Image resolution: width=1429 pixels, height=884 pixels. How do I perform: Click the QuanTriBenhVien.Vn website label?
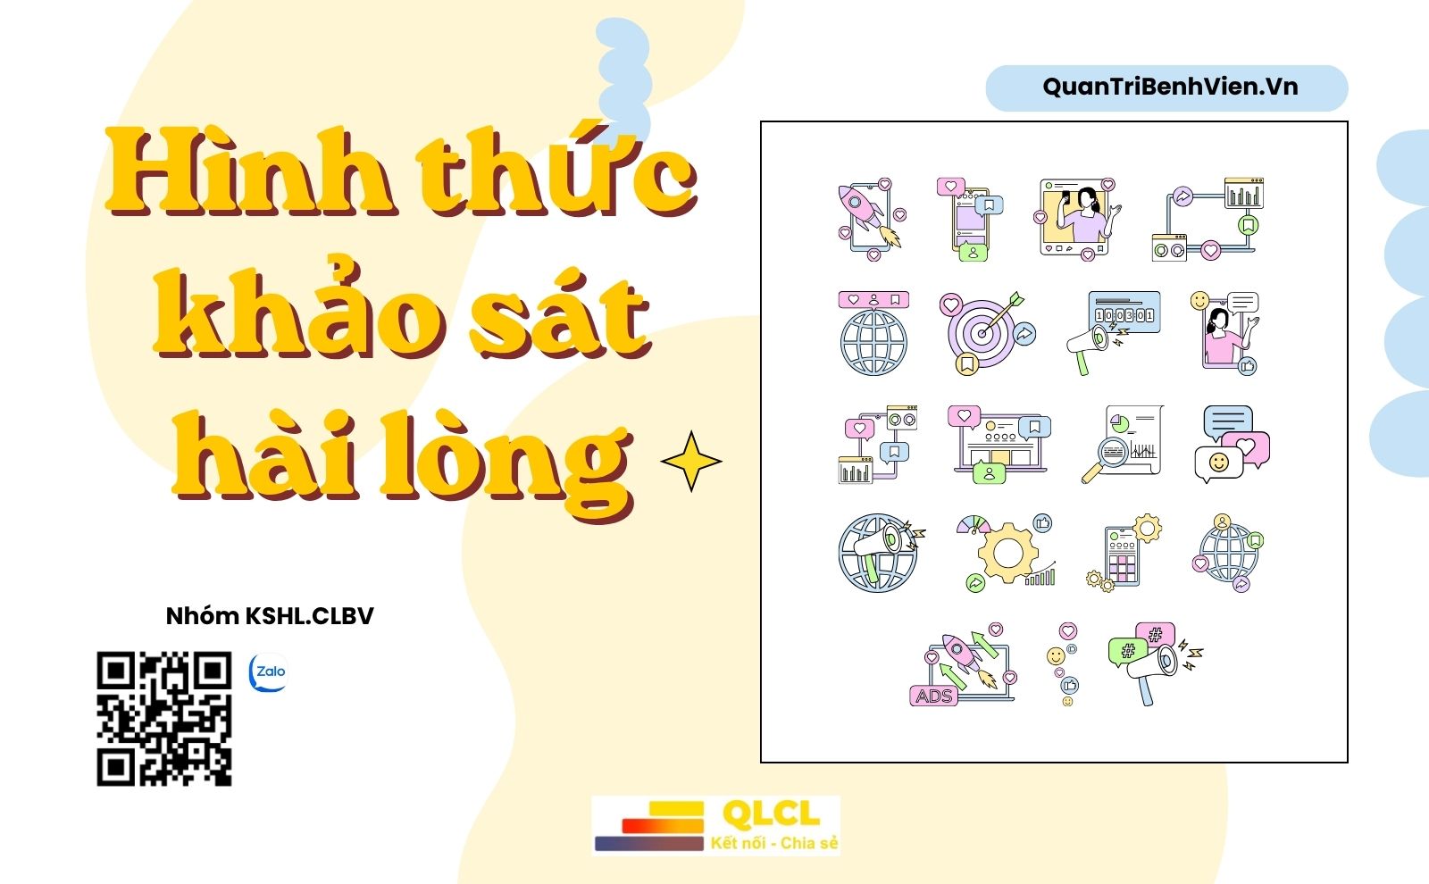coord(1170,87)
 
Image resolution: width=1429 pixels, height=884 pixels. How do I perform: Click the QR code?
coord(164,718)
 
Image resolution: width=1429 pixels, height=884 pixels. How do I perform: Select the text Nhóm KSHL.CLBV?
coord(269,616)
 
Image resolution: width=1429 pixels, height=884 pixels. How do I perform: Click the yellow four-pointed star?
coord(691,461)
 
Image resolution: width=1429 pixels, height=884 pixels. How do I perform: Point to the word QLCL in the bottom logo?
coord(772,813)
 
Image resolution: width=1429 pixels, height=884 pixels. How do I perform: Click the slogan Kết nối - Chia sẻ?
coord(773,843)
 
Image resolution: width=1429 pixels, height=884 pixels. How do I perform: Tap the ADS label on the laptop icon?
coord(934,696)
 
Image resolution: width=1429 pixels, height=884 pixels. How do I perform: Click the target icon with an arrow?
coord(987,333)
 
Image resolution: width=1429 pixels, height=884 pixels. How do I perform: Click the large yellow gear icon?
coord(1008,553)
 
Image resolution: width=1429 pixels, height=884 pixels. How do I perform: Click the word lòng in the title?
coord(507,461)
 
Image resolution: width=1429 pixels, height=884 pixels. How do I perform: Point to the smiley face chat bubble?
coord(1218,463)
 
